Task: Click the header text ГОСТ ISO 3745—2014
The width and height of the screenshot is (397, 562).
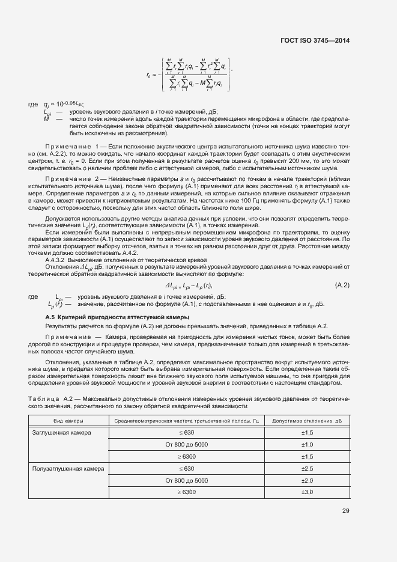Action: pos(314,40)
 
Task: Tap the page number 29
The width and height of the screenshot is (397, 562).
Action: pos(345,511)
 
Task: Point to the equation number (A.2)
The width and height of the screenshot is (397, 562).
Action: pos(342,285)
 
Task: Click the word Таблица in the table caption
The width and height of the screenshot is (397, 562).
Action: pos(45,399)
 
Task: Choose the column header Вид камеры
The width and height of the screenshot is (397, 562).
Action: pos(68,421)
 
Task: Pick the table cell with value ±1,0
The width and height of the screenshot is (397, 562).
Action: pos(306,445)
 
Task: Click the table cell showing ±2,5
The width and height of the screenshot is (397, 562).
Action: pos(306,468)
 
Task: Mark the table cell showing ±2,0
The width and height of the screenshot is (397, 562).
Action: pos(306,480)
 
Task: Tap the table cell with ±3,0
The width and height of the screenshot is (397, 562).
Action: pos(306,492)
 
